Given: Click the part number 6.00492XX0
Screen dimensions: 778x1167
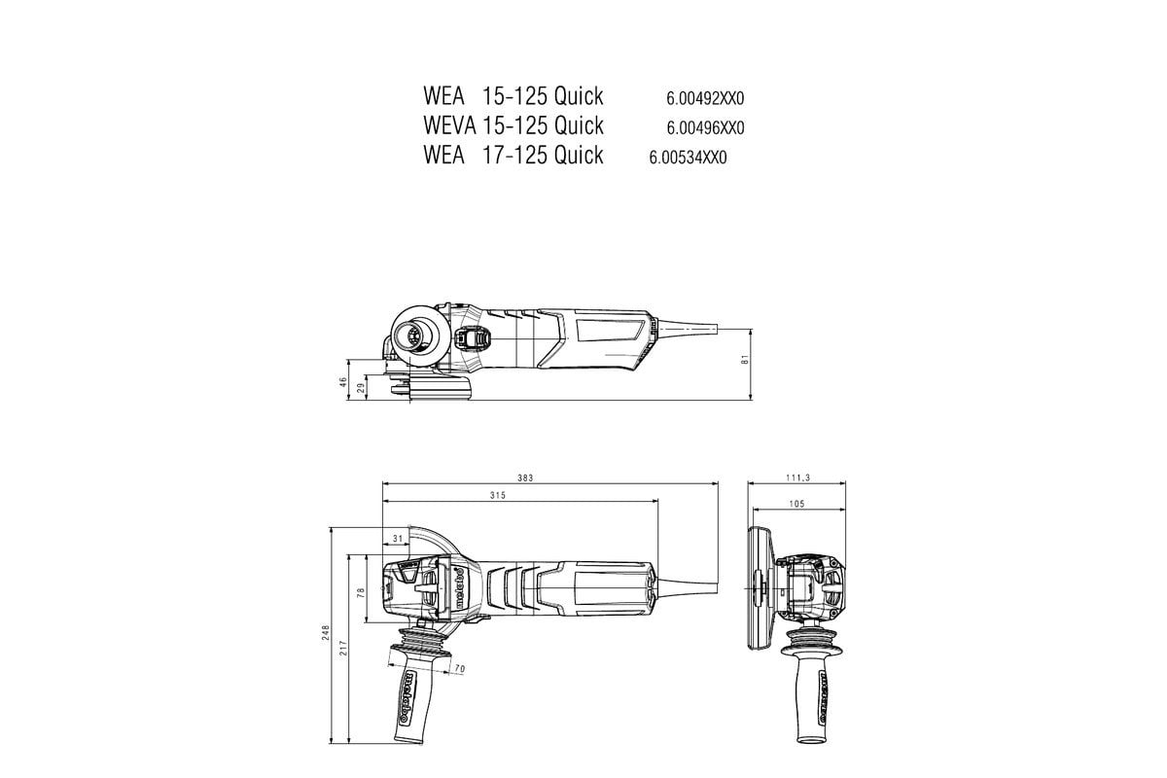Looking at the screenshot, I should (x=705, y=98).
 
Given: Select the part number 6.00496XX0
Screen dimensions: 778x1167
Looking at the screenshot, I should (x=705, y=127).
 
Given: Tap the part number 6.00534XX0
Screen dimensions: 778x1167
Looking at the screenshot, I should (x=688, y=158).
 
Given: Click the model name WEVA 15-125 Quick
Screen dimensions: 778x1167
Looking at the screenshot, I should (x=513, y=125).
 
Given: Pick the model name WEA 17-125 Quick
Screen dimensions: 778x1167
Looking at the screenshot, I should (x=513, y=155).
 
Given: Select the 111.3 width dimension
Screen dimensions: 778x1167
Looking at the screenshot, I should (x=797, y=477).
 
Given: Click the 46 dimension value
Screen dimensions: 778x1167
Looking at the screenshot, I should (x=343, y=383).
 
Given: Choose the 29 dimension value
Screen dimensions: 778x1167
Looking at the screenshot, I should (x=361, y=388).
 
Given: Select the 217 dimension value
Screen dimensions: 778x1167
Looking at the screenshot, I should (x=344, y=648).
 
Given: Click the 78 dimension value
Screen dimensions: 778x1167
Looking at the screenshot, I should (x=361, y=590).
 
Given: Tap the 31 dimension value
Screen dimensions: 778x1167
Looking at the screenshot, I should (x=397, y=538).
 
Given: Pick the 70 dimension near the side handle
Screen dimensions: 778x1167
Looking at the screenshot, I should (x=460, y=668).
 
